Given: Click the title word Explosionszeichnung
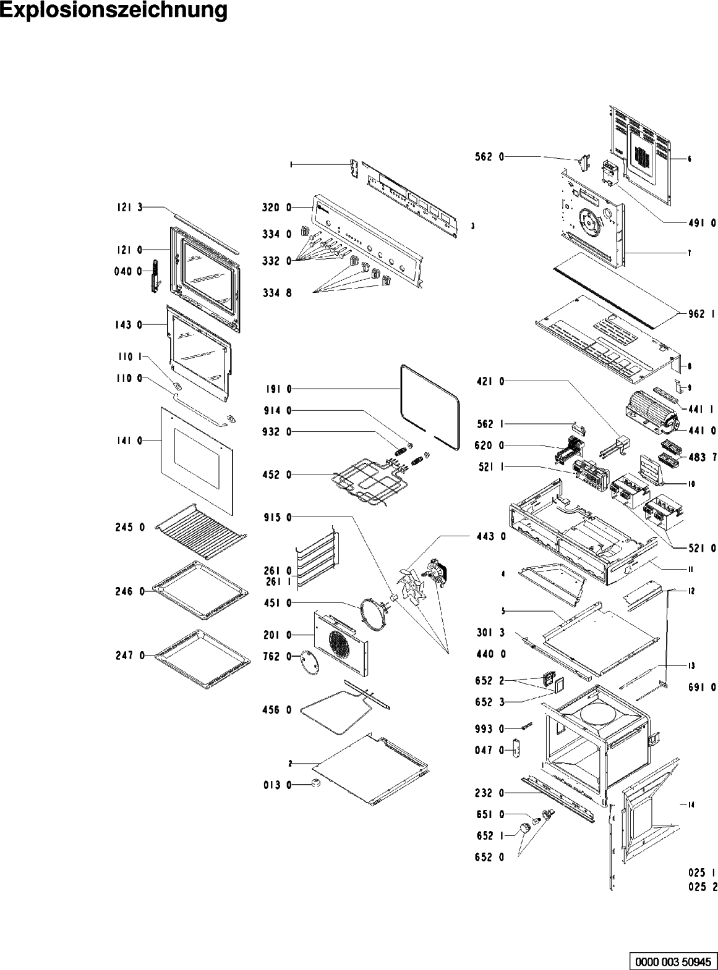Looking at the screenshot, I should click(114, 11).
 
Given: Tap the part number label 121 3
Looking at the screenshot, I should click(127, 208).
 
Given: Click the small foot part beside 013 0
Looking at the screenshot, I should click(316, 783).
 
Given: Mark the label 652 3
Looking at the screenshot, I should click(489, 702).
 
